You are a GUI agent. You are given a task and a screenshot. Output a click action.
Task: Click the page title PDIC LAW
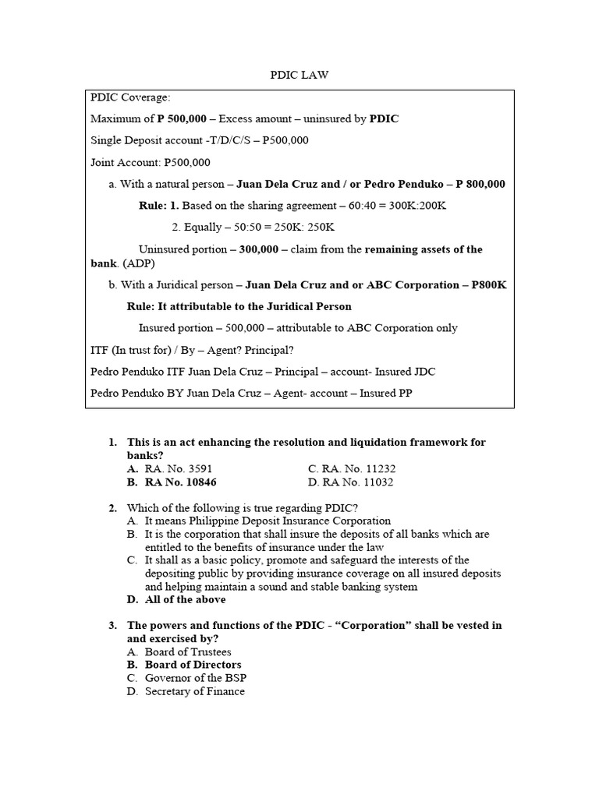299,75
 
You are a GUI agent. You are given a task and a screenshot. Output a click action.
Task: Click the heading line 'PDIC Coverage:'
130,97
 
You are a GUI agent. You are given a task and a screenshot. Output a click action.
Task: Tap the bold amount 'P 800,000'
480,185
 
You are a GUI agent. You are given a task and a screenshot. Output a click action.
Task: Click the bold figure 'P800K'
489,285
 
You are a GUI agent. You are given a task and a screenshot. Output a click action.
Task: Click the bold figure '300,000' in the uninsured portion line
259,249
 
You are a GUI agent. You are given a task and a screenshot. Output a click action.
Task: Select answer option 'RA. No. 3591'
179,469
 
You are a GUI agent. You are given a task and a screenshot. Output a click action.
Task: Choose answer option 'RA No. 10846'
180,482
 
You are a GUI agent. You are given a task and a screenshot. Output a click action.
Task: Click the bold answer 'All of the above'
185,600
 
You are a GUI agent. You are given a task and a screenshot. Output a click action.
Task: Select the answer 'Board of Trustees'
188,652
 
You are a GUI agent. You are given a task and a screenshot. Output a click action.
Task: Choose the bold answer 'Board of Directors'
193,666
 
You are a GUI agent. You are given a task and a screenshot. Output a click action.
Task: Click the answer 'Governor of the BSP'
195,679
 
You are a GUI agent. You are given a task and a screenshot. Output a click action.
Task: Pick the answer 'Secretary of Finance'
194,692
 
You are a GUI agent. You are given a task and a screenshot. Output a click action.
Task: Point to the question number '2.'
113,508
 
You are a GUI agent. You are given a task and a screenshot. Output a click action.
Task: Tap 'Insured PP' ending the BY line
385,394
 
